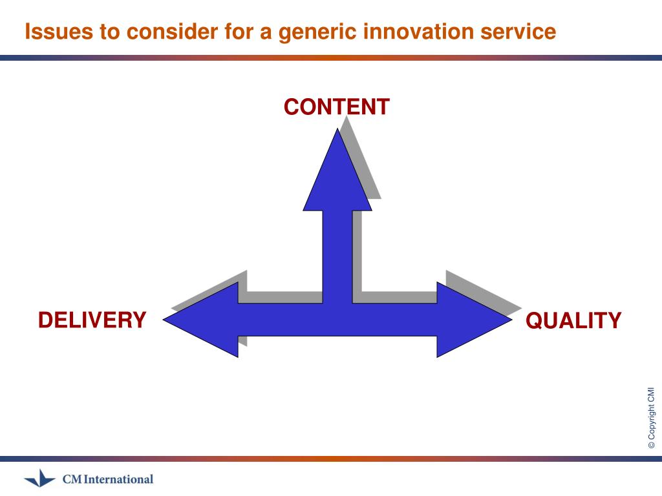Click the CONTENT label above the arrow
[x=336, y=107]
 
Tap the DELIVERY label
[x=92, y=320]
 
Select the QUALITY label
[x=573, y=320]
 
